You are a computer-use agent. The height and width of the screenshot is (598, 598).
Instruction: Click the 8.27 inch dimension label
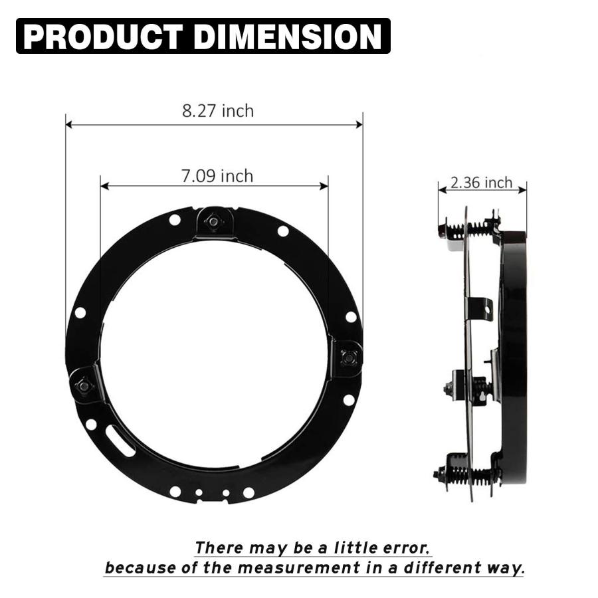(x=218, y=111)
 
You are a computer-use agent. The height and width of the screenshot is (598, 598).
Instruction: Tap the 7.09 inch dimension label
(x=217, y=176)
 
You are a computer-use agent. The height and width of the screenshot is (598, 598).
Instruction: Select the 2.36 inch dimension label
(x=481, y=183)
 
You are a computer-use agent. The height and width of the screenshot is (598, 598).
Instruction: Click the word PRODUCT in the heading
(x=102, y=37)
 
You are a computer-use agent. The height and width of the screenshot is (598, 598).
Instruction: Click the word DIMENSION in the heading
(x=288, y=37)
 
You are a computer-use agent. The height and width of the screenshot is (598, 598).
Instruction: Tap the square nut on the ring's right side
(x=349, y=357)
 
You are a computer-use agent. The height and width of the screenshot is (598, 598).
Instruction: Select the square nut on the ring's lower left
(x=84, y=385)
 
